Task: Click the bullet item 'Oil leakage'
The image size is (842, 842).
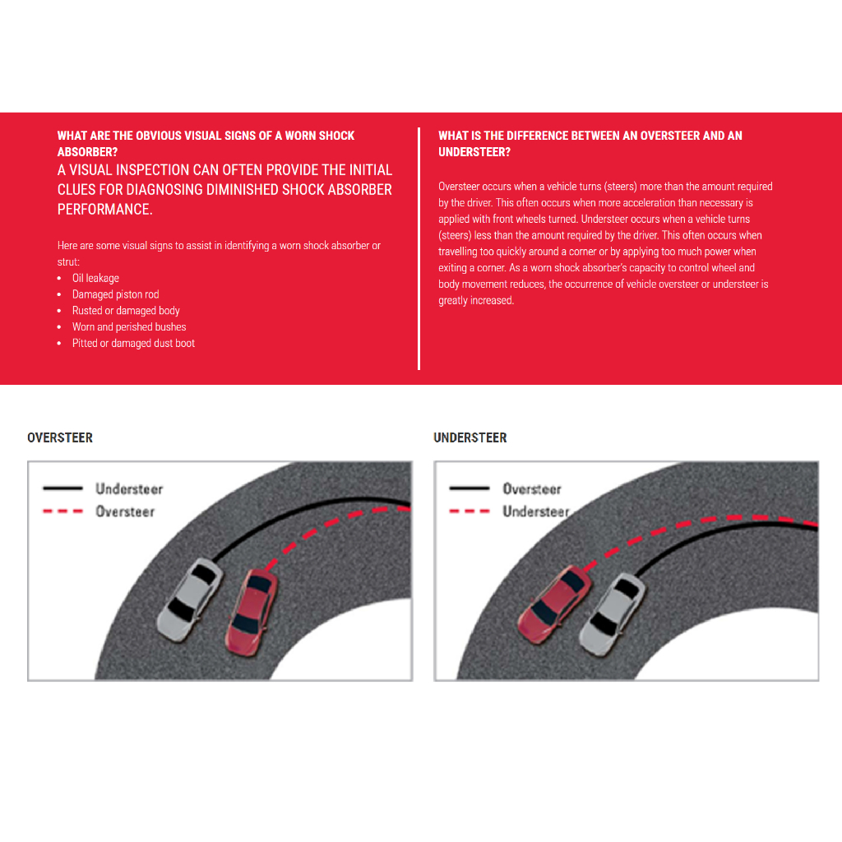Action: click(95, 278)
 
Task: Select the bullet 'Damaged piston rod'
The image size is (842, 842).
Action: click(115, 294)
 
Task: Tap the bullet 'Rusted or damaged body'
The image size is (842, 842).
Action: click(125, 311)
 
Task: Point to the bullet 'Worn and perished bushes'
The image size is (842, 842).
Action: click(129, 327)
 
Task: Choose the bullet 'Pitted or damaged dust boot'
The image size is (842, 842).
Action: click(133, 344)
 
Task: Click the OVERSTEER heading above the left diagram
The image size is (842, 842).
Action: click(60, 437)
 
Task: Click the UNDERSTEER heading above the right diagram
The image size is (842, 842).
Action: click(470, 437)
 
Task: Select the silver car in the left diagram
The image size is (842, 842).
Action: click(190, 599)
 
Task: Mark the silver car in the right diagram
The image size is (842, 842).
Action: click(612, 612)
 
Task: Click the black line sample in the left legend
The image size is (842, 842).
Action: click(62, 488)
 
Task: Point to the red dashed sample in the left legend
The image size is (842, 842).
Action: click(62, 511)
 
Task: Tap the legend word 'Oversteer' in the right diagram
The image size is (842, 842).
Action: click(532, 488)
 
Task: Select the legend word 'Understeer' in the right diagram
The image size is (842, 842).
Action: click(535, 511)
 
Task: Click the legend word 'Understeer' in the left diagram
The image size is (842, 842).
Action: click(129, 488)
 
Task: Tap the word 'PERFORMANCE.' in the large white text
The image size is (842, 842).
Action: click(104, 210)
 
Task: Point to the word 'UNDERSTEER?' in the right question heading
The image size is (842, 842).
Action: click(474, 152)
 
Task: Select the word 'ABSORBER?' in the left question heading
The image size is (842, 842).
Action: click(87, 152)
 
